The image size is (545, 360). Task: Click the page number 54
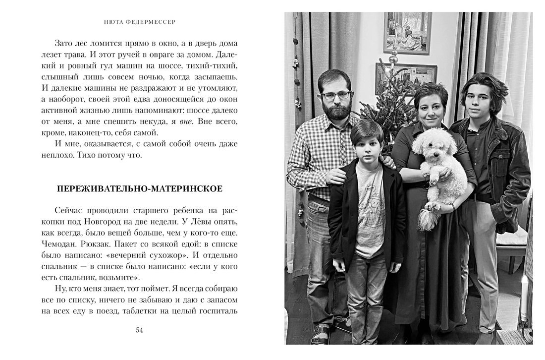(x=139, y=331)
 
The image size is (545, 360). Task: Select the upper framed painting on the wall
(x=407, y=33)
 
